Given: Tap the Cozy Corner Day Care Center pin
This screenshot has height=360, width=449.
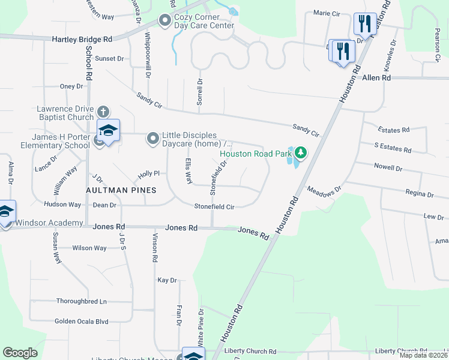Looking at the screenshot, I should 165,21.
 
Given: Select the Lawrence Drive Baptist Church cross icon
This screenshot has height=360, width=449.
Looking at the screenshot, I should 103,112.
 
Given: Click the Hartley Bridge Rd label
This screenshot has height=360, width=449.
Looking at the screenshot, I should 82,39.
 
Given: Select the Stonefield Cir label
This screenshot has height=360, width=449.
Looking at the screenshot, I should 213,206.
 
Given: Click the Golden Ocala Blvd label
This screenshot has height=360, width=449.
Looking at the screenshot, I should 81,321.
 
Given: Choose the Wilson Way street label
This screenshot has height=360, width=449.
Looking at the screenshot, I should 89,248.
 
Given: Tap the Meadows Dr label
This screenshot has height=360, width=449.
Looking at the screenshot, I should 324,190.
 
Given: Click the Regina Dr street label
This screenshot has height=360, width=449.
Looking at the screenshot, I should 420,194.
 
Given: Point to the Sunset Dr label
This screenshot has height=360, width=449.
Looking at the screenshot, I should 109,59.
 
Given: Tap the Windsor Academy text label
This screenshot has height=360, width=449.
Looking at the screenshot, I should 49,223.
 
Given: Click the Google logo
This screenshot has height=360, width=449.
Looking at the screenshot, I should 20,353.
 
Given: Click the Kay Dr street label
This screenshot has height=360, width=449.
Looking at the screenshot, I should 167,280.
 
